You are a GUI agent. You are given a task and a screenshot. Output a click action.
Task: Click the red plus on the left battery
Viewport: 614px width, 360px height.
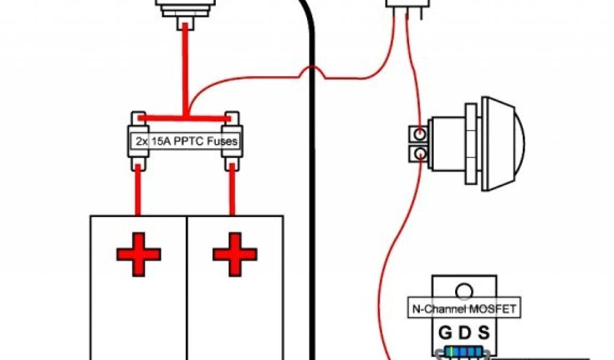click(x=139, y=254)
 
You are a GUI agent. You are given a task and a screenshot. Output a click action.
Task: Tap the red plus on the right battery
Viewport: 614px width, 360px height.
click(x=235, y=254)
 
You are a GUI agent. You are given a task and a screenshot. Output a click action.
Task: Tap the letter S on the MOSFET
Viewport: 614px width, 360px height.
click(x=483, y=333)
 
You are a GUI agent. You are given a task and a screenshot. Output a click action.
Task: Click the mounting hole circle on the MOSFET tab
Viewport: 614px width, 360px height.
click(x=463, y=292)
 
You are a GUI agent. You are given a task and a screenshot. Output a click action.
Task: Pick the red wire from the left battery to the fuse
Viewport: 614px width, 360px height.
click(x=139, y=192)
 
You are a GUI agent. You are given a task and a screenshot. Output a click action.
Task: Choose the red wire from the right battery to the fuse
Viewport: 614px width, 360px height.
click(x=232, y=192)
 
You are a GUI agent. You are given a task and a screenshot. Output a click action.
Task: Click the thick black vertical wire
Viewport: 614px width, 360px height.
click(x=312, y=210)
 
